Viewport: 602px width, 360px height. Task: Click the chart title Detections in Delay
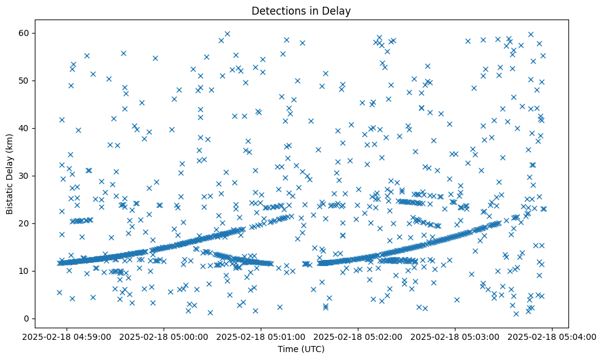(301, 11)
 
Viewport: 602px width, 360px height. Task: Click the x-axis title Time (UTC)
(301, 349)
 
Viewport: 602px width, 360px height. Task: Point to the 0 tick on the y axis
(27, 319)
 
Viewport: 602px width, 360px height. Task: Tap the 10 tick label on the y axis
(25, 271)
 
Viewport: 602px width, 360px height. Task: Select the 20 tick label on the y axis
(25, 223)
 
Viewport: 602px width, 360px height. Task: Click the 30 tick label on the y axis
(25, 176)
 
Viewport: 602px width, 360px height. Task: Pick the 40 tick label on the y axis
(25, 128)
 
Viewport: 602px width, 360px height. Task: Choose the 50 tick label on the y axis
(25, 81)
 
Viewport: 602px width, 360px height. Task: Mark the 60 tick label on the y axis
(25, 33)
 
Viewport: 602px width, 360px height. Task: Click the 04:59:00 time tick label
(67, 336)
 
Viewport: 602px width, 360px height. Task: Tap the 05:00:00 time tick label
(165, 336)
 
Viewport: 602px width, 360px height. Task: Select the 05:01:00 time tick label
(262, 336)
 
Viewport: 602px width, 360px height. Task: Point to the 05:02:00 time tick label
(359, 336)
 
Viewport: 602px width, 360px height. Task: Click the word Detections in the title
(276, 11)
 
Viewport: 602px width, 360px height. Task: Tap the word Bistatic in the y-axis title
(10, 197)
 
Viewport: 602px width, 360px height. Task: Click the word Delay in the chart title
(338, 11)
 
